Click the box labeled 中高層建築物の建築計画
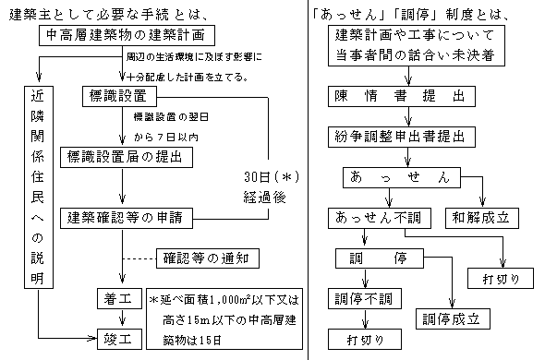[133, 36]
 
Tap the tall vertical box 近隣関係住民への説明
[35, 200]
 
